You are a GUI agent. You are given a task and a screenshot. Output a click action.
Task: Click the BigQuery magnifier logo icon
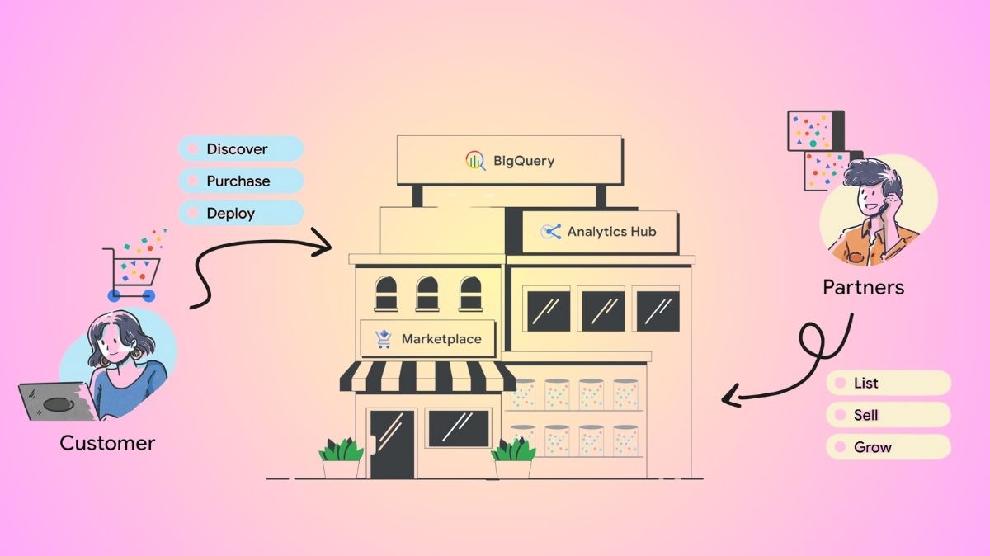475,161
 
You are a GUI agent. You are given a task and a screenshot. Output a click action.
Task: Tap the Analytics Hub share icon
550,232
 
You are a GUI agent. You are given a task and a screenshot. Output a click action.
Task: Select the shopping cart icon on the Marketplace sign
383,339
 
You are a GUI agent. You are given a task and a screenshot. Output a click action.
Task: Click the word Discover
237,149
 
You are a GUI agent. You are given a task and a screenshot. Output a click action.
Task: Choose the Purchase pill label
238,181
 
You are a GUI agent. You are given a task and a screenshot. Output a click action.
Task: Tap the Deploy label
230,213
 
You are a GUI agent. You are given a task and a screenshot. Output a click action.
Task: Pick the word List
866,383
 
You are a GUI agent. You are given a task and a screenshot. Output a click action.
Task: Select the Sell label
866,415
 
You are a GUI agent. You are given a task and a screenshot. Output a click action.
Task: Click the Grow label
873,447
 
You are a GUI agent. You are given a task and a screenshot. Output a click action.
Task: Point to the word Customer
107,443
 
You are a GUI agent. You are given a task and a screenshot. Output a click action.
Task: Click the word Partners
863,288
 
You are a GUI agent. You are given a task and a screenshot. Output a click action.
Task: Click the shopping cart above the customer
130,272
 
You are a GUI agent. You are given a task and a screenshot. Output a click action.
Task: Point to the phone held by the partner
881,210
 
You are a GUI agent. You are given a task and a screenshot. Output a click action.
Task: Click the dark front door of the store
392,443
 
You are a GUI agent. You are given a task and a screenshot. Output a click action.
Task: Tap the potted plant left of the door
341,458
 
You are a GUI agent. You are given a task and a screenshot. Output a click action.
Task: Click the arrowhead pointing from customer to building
326,245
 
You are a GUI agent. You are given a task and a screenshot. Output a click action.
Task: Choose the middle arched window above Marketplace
427,293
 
